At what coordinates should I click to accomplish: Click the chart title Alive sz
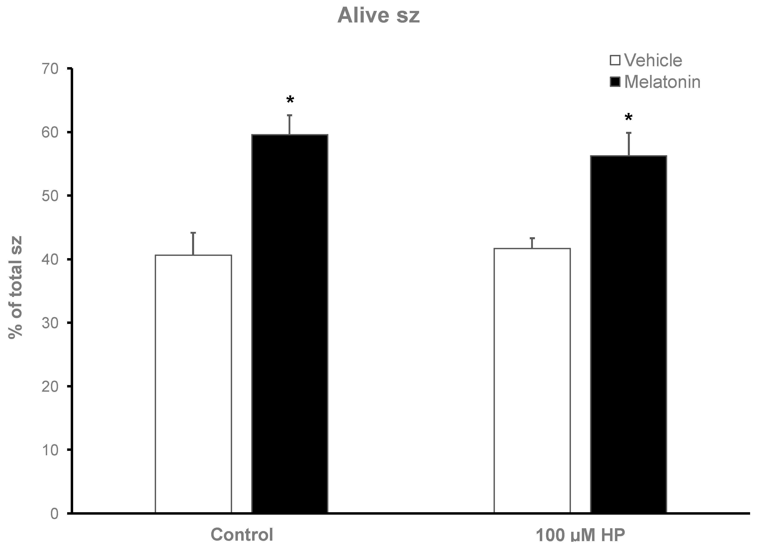pyautogui.click(x=378, y=16)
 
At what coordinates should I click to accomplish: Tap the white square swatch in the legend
pyautogui.click(x=615, y=60)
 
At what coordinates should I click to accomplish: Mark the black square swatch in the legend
pyautogui.click(x=615, y=82)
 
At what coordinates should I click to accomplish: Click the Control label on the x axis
pyautogui.click(x=242, y=535)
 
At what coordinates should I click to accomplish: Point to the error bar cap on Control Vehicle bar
pyautogui.click(x=193, y=233)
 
